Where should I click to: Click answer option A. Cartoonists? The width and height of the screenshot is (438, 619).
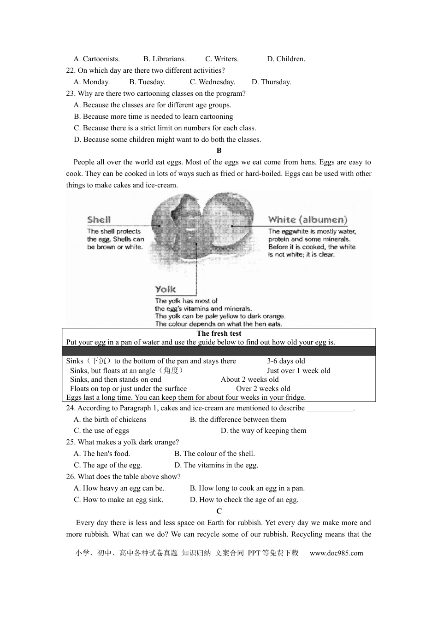pyautogui.click(x=96, y=59)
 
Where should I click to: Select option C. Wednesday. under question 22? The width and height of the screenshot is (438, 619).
pyautogui.click(x=212, y=82)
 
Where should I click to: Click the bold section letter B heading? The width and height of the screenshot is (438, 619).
pyautogui.click(x=219, y=151)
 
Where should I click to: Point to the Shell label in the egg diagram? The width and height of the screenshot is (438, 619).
pyautogui.click(x=99, y=220)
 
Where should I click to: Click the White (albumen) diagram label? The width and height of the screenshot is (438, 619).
pyautogui.click(x=308, y=220)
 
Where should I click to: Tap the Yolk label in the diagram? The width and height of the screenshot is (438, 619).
pyautogui.click(x=166, y=289)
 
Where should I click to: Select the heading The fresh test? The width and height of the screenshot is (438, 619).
pyautogui.click(x=219, y=333)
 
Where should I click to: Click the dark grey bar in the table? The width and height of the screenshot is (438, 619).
pyautogui.click(x=219, y=351)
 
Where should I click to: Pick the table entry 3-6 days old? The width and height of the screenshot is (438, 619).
pyautogui.click(x=286, y=361)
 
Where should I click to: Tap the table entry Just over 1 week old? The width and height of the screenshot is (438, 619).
pyautogui.click(x=298, y=370)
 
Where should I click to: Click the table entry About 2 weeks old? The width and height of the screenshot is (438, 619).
pyautogui.click(x=249, y=380)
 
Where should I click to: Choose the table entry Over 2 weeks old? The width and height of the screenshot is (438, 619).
pyautogui.click(x=263, y=389)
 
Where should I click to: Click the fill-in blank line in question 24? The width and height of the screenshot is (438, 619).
pyautogui.click(x=330, y=409)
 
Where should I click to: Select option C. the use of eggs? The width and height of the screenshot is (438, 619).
pyautogui.click(x=101, y=431)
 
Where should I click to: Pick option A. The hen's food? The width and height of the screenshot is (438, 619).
pyautogui.click(x=102, y=454)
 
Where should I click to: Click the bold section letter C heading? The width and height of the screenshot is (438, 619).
pyautogui.click(x=219, y=511)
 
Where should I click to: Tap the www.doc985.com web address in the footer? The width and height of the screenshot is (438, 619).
pyautogui.click(x=336, y=553)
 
